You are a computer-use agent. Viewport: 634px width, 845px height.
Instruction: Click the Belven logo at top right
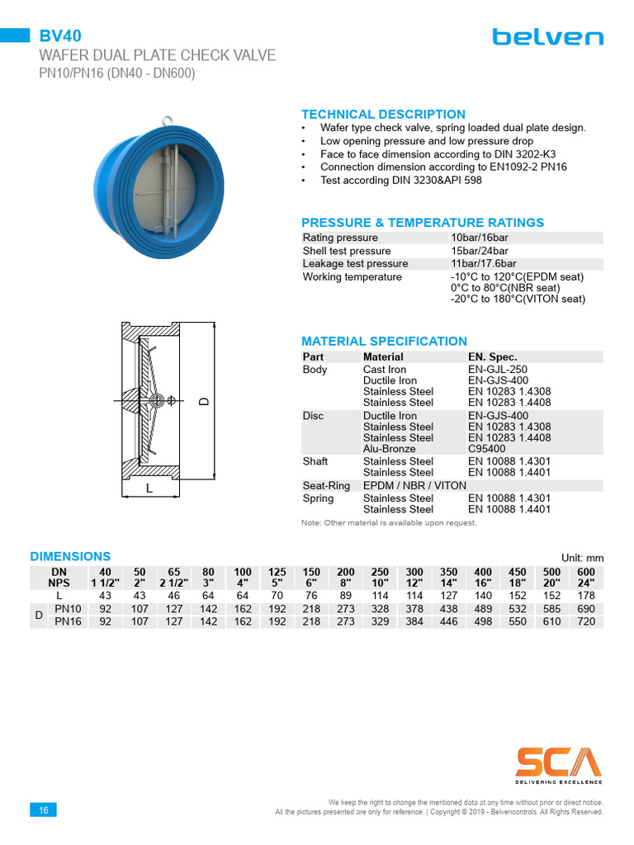pos(547,37)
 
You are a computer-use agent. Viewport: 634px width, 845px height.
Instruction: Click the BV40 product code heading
pos(60,35)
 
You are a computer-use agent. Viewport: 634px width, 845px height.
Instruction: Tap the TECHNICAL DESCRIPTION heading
pos(383,115)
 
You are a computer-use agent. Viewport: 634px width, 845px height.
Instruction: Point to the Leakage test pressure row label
pos(355,264)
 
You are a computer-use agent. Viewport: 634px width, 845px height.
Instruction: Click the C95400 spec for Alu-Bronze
pos(487,449)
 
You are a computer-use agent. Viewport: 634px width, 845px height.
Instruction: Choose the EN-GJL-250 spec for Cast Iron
pos(497,370)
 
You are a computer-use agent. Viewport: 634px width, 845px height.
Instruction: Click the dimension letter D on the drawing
pos(202,402)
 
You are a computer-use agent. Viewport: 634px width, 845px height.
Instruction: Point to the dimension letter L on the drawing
pos(149,489)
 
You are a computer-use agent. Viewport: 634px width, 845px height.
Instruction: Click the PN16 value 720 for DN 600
pos(585,621)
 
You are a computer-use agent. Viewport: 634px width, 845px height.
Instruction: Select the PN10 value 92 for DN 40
pos(106,609)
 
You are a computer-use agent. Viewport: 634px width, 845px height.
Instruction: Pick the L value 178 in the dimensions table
pos(585,595)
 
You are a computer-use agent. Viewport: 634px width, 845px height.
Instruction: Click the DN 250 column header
pos(380,571)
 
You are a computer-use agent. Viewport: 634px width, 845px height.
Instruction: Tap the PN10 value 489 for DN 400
pos(482,609)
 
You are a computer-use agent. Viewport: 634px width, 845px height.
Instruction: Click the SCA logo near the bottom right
pos(559,763)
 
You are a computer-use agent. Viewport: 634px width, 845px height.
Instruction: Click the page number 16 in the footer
pos(43,810)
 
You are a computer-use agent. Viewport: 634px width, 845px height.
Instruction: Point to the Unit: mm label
pos(582,558)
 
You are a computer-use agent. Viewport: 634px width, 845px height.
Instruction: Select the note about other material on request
pos(389,523)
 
